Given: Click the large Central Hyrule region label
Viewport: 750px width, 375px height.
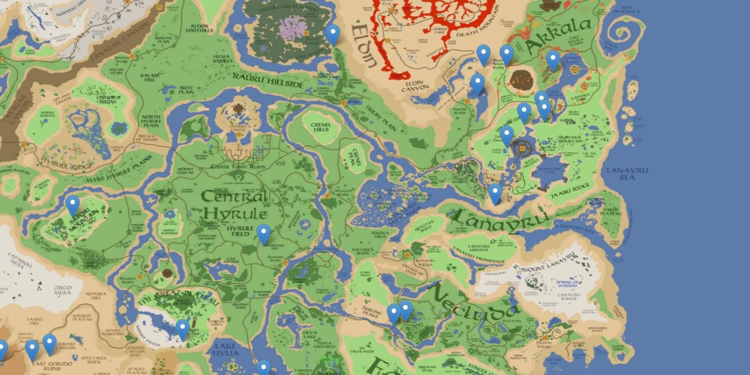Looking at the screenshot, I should click(235, 205).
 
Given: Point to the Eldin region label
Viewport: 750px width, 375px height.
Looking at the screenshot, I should click(364, 46).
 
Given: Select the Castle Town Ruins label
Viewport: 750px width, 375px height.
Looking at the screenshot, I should click(238, 167).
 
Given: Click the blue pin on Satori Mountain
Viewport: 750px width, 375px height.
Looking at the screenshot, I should click(73, 205).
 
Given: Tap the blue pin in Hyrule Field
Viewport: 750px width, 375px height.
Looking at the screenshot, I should click(264, 234).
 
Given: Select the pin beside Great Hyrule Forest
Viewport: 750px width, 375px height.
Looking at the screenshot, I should click(333, 34).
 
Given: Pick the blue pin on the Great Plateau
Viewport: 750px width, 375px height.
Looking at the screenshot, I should click(183, 329).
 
